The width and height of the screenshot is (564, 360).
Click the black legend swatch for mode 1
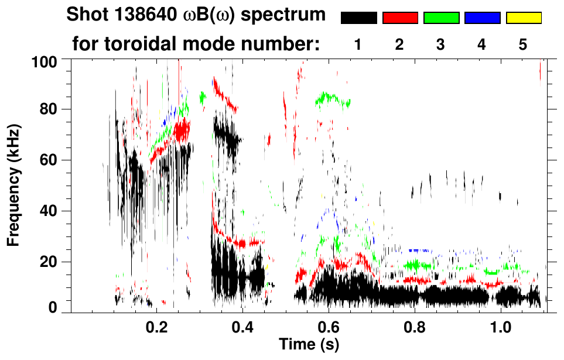(359, 18)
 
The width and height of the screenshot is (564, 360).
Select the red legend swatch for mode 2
(400, 18)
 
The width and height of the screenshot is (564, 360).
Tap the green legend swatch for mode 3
(441, 18)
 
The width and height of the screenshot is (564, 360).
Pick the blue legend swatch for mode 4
(482, 18)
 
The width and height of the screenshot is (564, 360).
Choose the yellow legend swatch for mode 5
(523, 18)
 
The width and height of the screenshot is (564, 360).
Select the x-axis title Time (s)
(309, 345)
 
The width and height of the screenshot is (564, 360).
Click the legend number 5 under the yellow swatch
(523, 44)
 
